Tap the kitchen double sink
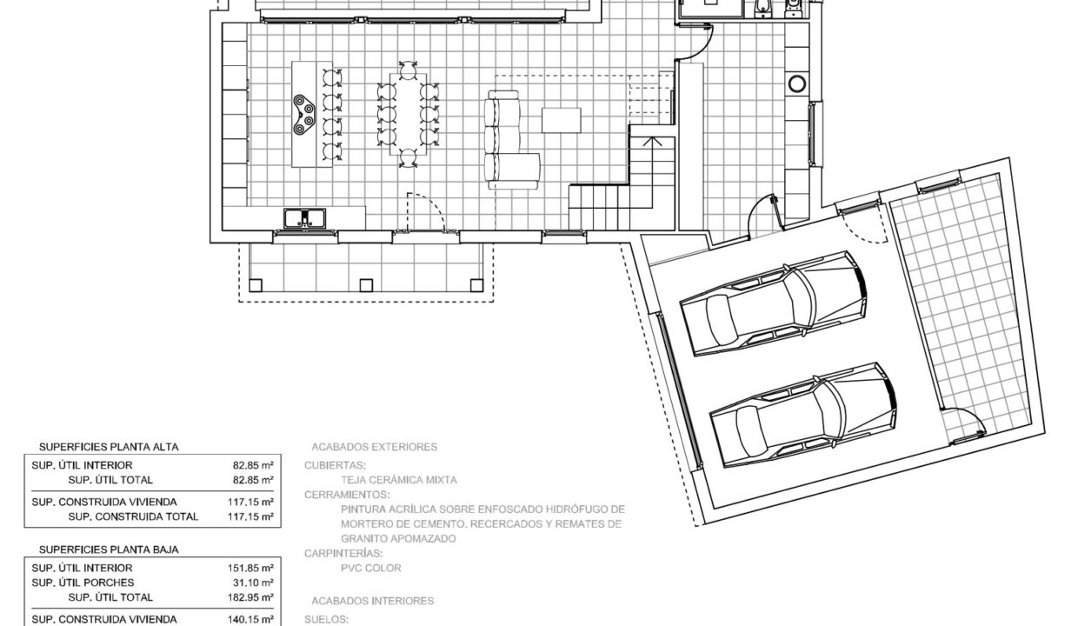[x=305, y=218]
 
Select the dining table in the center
[x=409, y=113]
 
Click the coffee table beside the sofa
[x=558, y=119]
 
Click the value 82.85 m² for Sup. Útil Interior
[x=256, y=465]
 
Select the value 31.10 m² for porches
[x=256, y=582]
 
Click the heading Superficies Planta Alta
[x=109, y=447]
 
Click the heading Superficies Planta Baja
[x=109, y=549]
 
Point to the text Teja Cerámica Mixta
[x=399, y=479]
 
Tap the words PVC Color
[x=371, y=568]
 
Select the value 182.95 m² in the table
[x=254, y=597]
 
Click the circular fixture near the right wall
[x=797, y=84]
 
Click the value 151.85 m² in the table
[x=254, y=567]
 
